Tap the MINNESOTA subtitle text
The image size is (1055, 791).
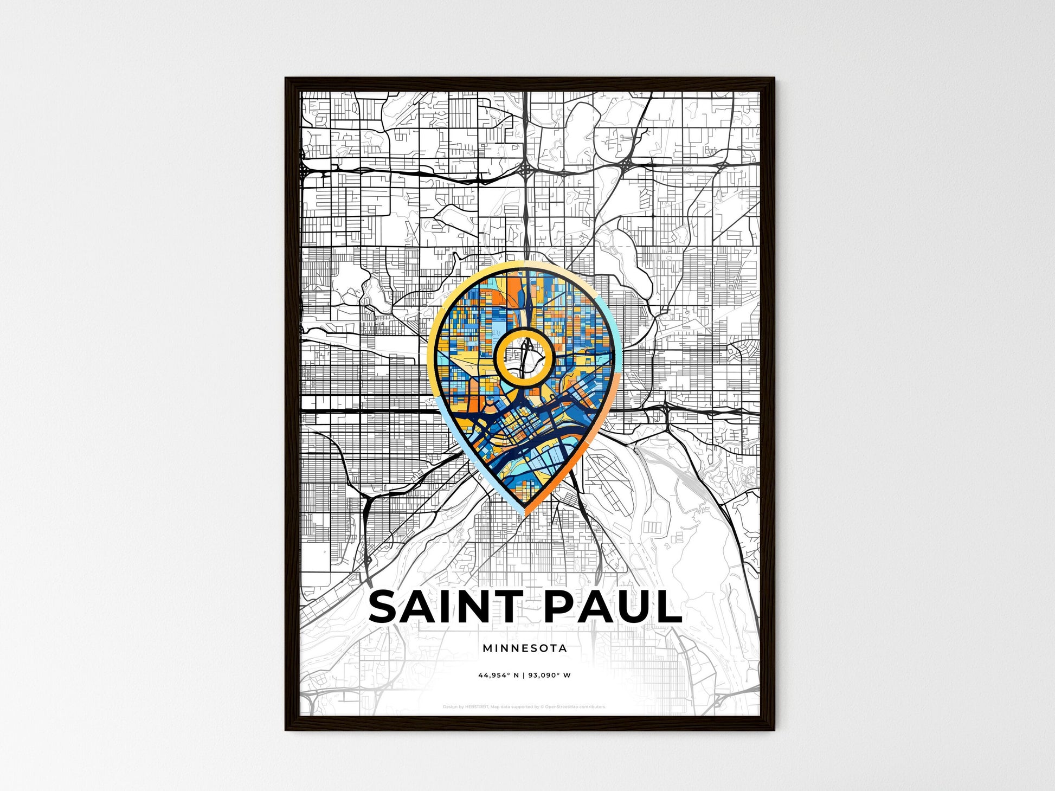click(525, 648)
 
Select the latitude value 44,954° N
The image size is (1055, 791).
click(498, 676)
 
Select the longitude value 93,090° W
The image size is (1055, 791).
click(552, 676)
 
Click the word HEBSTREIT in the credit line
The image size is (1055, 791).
click(477, 707)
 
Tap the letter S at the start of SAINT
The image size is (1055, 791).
click(385, 607)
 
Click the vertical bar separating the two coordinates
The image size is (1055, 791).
click(525, 676)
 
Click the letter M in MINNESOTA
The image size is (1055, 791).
click(486, 648)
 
